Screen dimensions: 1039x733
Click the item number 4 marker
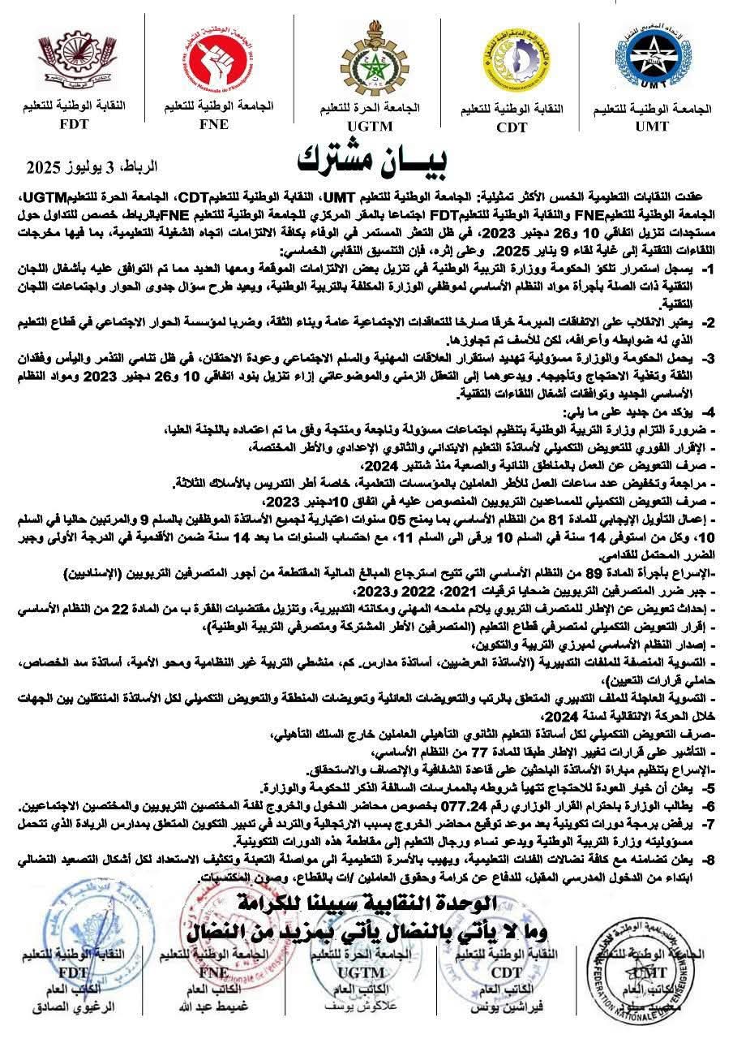pyautogui.click(x=708, y=412)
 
